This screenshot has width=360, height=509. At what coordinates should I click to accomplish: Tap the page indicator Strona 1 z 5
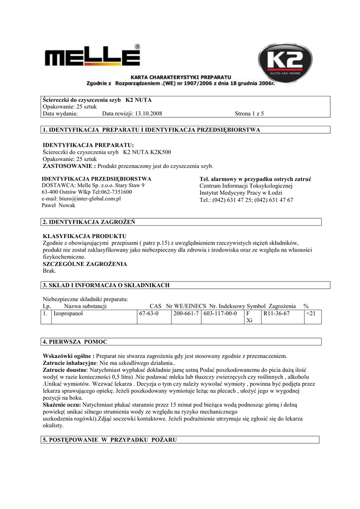pos(249,114)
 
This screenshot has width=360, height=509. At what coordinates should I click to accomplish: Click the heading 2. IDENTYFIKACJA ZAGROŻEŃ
pos(90,221)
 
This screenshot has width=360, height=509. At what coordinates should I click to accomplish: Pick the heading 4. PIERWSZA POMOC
pos(75,342)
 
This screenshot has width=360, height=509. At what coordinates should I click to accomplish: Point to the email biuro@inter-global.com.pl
pos(82,199)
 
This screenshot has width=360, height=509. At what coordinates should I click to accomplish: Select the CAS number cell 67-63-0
pos(149,314)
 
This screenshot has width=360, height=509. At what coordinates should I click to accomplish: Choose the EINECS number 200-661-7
pos(186,314)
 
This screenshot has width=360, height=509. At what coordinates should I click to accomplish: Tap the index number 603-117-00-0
pos(220,314)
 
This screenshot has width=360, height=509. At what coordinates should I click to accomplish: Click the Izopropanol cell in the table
pos(69,314)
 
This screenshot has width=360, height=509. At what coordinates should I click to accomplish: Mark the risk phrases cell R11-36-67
pos(276,314)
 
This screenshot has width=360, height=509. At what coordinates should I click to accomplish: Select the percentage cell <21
pos(312,314)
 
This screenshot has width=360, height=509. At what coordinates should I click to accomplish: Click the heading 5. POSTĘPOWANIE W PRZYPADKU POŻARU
pos(110,440)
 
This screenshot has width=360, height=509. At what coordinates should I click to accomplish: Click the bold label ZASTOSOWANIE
pos(68,166)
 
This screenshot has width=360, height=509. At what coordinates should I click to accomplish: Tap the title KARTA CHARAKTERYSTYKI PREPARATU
pos(180,78)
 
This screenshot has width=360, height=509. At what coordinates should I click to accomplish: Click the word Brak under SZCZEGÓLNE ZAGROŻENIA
pos(50,271)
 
